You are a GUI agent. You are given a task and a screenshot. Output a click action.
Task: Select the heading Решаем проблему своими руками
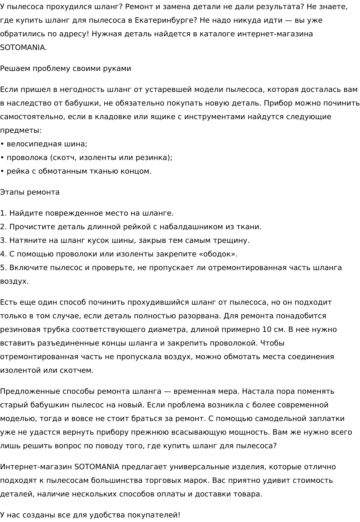[65, 69]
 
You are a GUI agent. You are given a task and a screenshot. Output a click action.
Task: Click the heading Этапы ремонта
[30, 192]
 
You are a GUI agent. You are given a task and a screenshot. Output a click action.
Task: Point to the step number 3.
[3, 241]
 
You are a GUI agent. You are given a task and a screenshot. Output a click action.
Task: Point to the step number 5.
[3, 268]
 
